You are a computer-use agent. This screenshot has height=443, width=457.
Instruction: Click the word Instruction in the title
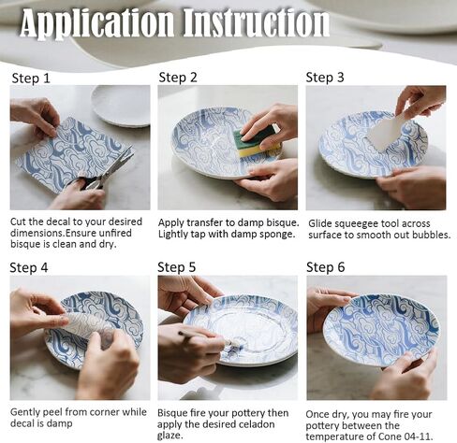coord(256,22)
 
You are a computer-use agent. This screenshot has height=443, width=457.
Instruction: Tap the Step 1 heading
coord(31,79)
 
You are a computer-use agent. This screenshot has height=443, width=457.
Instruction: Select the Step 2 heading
coord(178,78)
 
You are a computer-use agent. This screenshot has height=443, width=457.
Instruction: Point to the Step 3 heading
coord(325,78)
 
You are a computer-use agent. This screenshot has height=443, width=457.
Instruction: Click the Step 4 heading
coord(29,267)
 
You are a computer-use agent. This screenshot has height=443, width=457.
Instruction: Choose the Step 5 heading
coord(177,267)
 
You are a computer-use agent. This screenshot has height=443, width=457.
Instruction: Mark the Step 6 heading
coord(326,267)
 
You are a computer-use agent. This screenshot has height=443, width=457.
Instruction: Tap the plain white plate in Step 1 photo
coord(122,106)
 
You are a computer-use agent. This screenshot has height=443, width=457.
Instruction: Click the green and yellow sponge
coord(256,141)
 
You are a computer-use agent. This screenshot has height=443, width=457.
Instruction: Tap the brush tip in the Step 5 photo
coord(232,345)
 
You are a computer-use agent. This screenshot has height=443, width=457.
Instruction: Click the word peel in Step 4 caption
coord(52,412)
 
